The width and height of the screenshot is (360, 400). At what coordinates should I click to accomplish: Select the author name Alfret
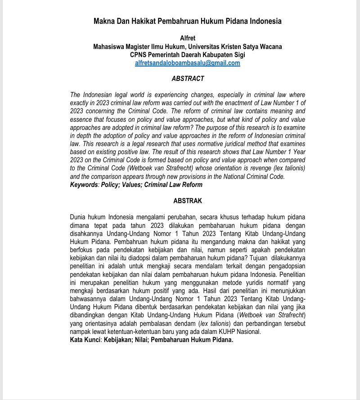[x=187, y=38]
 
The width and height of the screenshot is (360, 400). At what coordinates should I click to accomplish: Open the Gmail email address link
[x=187, y=63]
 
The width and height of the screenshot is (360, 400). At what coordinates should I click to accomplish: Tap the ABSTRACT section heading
[x=188, y=79]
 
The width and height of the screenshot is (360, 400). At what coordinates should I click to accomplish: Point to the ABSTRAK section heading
[x=188, y=201]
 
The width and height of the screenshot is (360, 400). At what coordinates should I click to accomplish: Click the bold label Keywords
[x=84, y=185]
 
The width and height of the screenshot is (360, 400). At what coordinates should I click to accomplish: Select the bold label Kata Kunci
[x=85, y=340]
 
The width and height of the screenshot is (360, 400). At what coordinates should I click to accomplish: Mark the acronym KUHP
[x=234, y=332]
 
